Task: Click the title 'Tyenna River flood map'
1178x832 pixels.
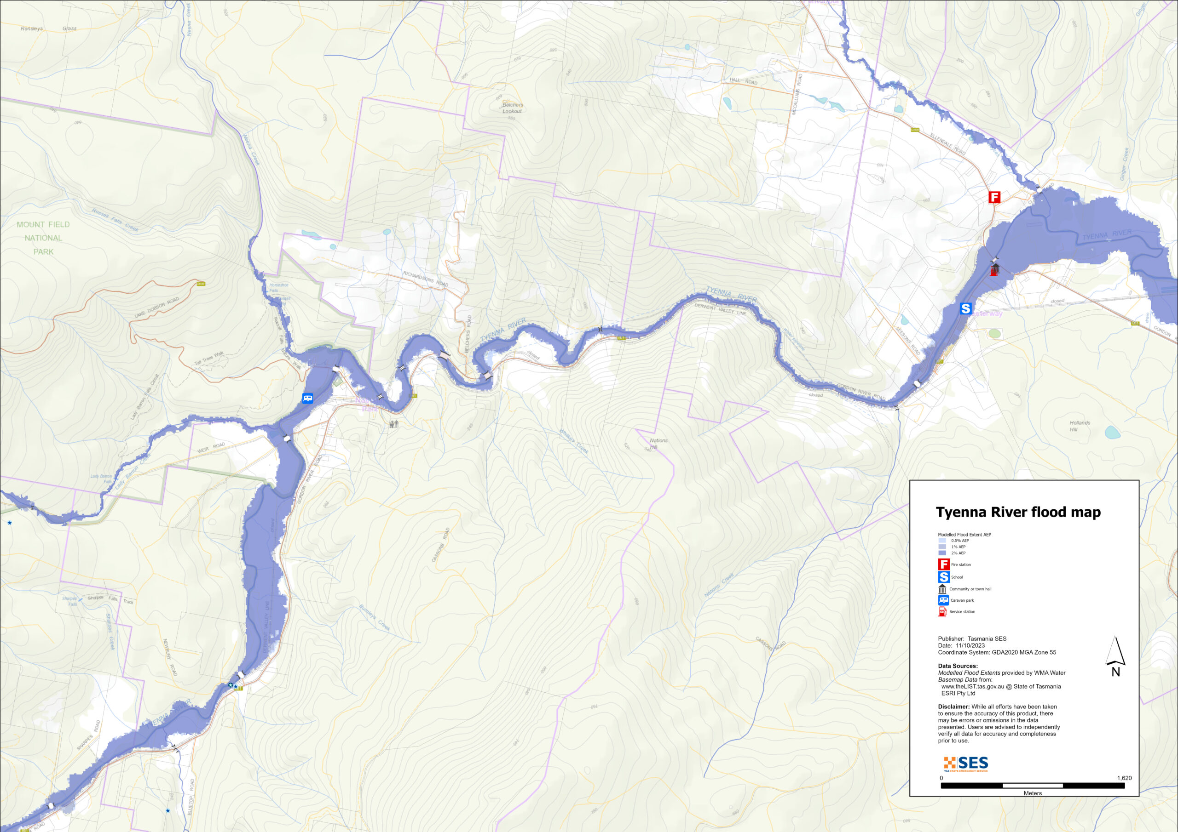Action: (x=1018, y=512)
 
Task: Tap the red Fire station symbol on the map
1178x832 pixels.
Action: (x=994, y=197)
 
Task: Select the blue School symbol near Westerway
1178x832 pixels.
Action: (x=965, y=308)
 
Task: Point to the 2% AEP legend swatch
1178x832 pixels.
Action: (x=942, y=553)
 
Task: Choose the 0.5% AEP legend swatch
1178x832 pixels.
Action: (x=942, y=540)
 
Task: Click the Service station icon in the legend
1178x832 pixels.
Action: (x=942, y=611)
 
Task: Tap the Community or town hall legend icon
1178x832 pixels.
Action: (x=942, y=589)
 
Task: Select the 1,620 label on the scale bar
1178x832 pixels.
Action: (x=1124, y=778)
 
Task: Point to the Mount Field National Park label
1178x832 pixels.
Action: (x=43, y=238)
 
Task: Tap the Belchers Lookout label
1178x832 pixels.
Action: (x=512, y=108)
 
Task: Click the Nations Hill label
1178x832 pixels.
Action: (x=658, y=444)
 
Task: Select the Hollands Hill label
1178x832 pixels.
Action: (x=1080, y=426)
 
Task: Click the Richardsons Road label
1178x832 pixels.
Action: (x=425, y=279)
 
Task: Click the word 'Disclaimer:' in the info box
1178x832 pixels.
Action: (x=954, y=707)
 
